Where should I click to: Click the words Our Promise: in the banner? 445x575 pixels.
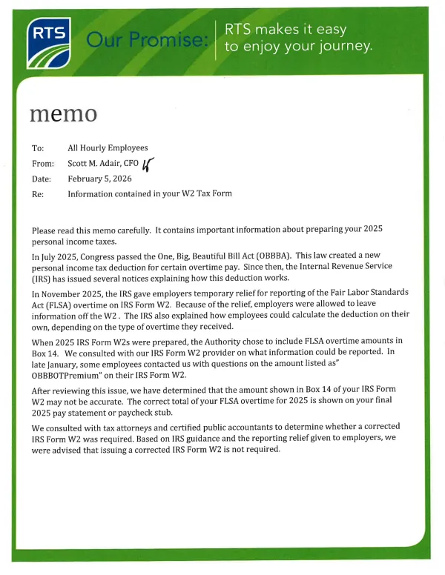click(147, 40)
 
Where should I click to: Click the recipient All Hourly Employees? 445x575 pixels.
click(108, 148)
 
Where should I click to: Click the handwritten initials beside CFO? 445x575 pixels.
click(147, 164)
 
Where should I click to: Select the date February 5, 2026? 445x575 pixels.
click(99, 179)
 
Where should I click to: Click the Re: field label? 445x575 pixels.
click(38, 194)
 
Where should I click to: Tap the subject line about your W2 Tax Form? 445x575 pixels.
click(150, 194)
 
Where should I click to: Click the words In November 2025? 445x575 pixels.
click(66, 292)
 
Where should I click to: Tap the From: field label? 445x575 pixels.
click(42, 164)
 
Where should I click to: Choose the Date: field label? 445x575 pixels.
click(42, 179)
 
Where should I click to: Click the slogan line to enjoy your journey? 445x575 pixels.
click(298, 47)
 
